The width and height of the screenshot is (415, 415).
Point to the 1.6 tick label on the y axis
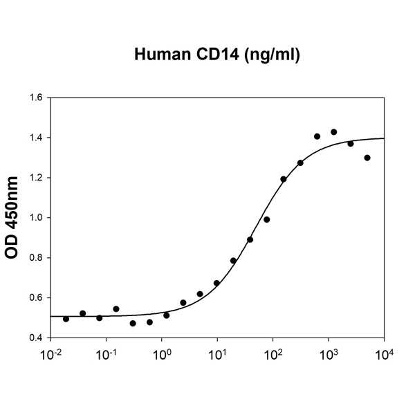coord(35,98)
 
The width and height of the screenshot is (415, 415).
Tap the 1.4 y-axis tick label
coord(35,138)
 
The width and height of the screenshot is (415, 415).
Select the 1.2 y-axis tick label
coord(35,178)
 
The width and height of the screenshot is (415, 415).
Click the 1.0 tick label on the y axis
coord(35,218)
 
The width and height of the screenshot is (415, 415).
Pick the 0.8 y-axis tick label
coord(35,258)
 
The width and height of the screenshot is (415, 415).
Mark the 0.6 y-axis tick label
coord(35,298)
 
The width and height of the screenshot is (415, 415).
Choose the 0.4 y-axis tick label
coord(35,338)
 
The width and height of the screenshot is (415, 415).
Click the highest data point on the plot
coord(333,132)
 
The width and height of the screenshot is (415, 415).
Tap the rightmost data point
coord(367,158)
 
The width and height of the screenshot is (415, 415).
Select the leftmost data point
coord(66,319)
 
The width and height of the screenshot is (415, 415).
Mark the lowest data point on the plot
coord(133,323)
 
